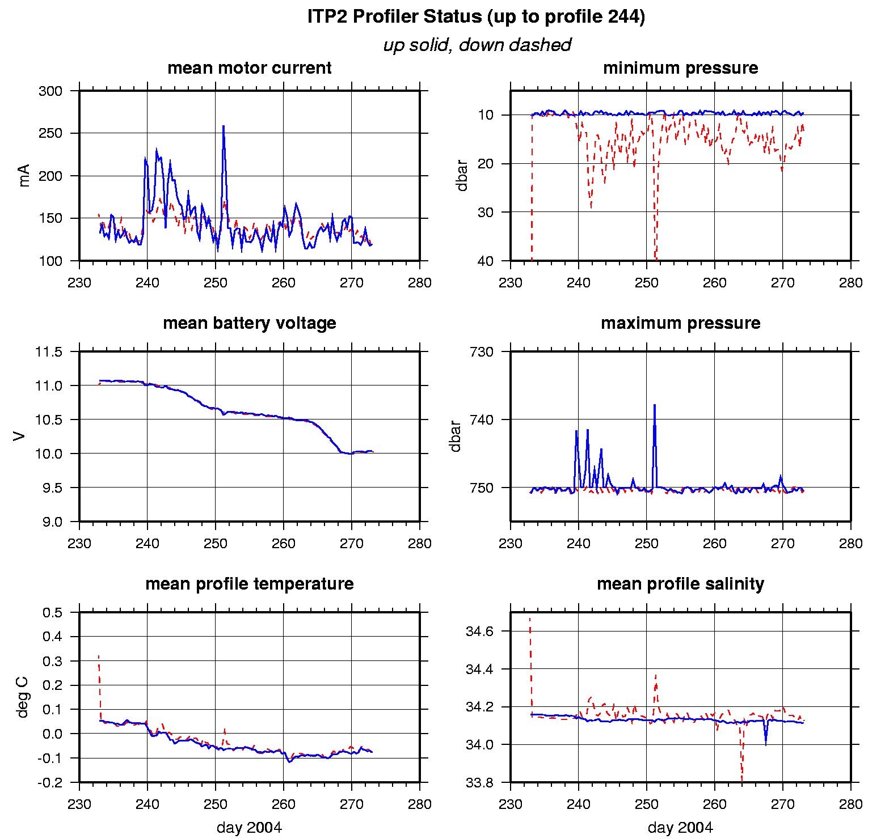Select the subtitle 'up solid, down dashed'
[477, 45]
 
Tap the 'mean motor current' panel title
[249, 68]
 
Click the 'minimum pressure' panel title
[680, 68]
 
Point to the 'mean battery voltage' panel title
[249, 323]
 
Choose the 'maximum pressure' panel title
[680, 323]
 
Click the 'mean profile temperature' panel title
[249, 584]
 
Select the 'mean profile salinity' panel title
[680, 584]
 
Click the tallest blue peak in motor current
[224, 127]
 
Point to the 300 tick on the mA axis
[50, 91]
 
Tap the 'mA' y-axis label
[24, 176]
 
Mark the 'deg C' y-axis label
[23, 697]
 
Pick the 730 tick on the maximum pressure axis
[482, 352]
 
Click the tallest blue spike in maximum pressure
[654, 406]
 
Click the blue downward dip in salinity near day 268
[766, 743]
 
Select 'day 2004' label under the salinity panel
[680, 828]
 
